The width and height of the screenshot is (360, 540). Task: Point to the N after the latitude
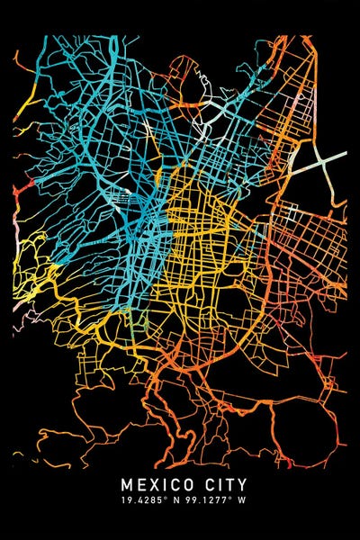coord(176,500)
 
